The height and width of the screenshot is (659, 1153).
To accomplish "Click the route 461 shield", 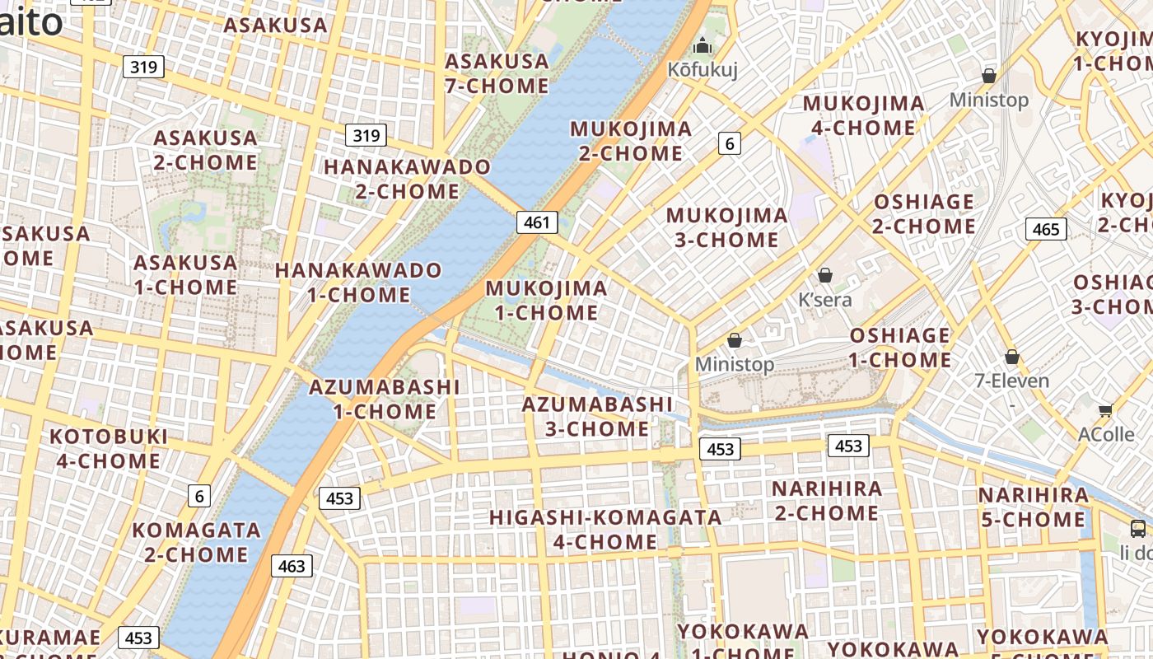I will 537,222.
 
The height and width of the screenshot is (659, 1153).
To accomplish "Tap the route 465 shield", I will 1046,229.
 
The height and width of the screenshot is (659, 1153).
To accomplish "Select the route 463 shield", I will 292,566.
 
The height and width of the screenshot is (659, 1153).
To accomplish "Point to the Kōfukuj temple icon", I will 702,45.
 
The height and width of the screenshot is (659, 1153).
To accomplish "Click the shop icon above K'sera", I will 824,275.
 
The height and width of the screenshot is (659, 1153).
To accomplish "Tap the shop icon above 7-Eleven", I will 1011,357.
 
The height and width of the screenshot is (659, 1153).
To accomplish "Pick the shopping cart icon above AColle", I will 1105,410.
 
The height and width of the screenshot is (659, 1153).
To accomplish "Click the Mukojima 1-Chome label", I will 547,301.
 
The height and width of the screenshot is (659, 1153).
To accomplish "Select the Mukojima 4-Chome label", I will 863,115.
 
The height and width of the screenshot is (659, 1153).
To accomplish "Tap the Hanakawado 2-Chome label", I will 407,179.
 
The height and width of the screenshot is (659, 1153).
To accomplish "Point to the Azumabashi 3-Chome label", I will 598,416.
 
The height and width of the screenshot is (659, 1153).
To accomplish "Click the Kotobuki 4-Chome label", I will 109,448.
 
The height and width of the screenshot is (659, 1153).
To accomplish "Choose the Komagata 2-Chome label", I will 196,541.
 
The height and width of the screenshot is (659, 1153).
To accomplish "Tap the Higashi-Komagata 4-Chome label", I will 605,530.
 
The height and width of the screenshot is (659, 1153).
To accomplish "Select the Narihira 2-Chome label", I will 826,501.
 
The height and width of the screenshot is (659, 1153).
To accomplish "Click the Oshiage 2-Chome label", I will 924,214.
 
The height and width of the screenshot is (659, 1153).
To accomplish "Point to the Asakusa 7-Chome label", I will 497,73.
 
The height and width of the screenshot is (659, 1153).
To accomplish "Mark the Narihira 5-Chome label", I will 1033,507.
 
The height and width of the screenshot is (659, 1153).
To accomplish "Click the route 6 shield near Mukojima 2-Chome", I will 729,143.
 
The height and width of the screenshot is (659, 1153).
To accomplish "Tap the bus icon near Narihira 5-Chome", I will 1137,528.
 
